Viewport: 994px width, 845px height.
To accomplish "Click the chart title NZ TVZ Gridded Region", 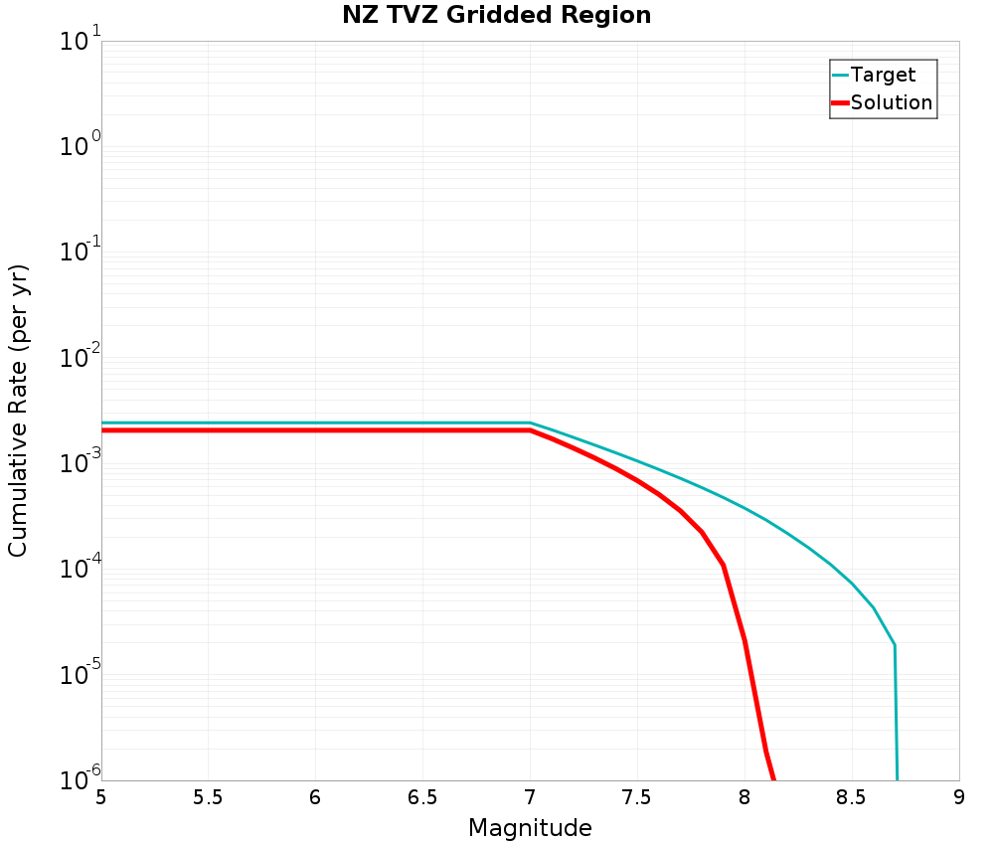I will (496, 16).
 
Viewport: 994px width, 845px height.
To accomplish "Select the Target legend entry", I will (883, 75).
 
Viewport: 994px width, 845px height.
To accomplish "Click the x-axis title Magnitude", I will (530, 828).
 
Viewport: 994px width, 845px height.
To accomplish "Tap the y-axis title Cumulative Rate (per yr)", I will (19, 411).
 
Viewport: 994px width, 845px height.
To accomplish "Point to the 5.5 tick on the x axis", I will (208, 798).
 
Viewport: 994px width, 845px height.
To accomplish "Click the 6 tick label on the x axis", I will (315, 798).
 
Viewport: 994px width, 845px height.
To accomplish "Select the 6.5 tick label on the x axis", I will (422, 798).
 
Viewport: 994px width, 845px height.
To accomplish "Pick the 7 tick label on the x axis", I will (530, 798).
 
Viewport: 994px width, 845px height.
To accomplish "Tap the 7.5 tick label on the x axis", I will (637, 798).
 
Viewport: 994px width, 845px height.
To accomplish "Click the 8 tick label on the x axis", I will (745, 798).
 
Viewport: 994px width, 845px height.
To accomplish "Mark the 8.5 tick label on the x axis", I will (852, 798).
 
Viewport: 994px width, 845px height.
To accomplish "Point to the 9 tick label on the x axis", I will (959, 798).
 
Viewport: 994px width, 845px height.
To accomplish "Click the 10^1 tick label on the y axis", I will (74, 42).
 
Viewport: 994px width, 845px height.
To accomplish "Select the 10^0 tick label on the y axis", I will (74, 147).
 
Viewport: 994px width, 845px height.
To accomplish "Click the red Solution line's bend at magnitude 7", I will (530, 430).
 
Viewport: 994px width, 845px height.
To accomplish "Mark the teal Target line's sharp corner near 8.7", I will (895, 645).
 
